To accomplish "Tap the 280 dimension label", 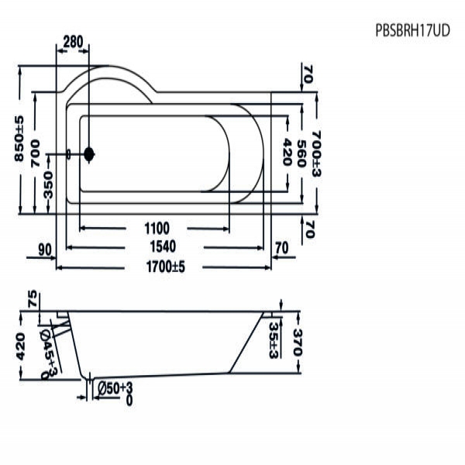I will click(73, 42).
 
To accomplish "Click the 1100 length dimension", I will click(156, 227).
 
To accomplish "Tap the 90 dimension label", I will click(43, 248).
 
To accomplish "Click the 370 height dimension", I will click(295, 341).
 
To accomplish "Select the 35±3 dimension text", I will click(274, 341).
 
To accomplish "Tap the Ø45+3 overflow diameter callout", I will click(49, 353).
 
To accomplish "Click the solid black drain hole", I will click(89, 154).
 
